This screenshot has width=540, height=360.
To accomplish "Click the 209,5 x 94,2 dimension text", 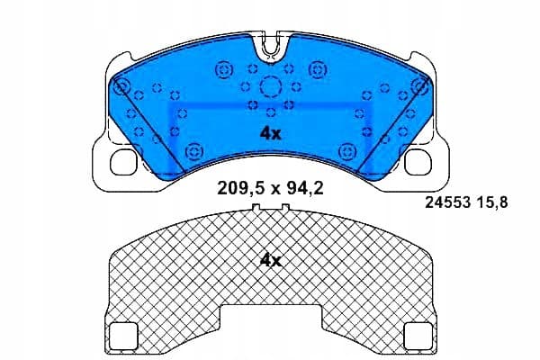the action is tap(270, 189).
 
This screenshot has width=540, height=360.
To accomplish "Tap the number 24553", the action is tap(447, 202).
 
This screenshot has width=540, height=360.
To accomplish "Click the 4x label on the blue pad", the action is tap(270, 134).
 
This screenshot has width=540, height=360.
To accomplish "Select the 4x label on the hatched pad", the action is tap(270, 261).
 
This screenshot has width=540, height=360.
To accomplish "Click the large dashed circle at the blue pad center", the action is tap(271, 86).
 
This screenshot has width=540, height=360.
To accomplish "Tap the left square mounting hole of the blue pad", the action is tap(123, 162).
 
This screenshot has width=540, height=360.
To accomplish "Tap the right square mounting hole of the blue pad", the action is tap(418, 162).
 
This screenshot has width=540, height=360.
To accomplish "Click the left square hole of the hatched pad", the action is tap(123, 336).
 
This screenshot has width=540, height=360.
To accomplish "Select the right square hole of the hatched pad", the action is tap(418, 336).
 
